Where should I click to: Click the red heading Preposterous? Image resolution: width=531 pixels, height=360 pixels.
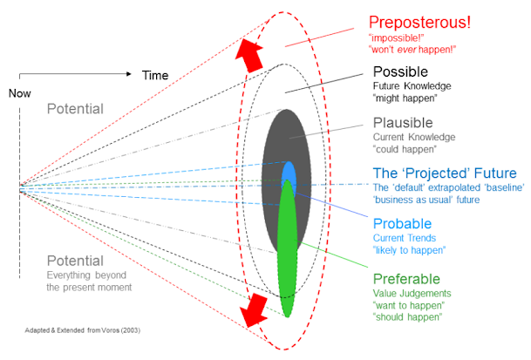click(421, 21)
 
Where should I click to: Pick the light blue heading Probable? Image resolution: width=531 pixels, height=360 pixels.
click(403, 222)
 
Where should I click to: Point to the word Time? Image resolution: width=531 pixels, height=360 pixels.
click(155, 76)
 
